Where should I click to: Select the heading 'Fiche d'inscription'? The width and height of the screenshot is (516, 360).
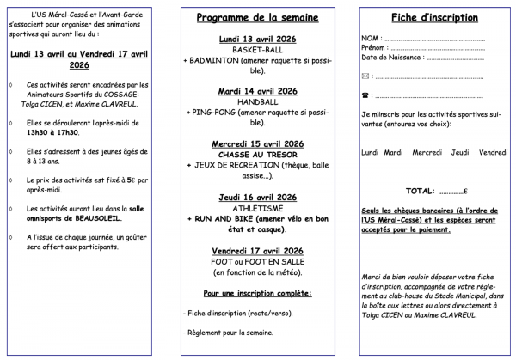(434, 17)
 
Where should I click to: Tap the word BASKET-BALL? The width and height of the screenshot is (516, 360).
(256, 51)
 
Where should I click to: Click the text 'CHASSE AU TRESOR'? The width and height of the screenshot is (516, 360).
(256, 154)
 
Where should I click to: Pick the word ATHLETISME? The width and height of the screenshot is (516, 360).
(256, 208)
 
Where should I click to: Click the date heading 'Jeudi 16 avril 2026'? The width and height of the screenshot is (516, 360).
(256, 197)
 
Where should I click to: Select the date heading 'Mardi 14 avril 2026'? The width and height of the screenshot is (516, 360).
(256, 90)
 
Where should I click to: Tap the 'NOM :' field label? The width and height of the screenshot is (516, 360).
(372, 40)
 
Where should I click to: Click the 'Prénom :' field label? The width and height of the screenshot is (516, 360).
(376, 49)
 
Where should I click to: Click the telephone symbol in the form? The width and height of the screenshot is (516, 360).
(366, 95)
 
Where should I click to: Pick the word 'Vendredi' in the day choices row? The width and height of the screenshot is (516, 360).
(493, 152)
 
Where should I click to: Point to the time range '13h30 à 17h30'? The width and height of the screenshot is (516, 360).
(52, 132)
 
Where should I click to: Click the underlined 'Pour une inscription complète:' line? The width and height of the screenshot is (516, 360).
(256, 294)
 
